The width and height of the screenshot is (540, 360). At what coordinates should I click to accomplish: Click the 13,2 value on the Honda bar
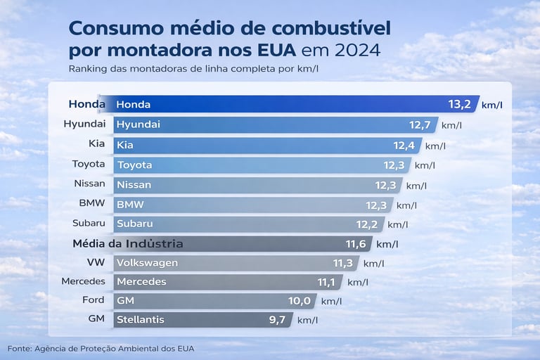pos(458,105)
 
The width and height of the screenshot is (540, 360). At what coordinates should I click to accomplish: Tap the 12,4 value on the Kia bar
pos(406,146)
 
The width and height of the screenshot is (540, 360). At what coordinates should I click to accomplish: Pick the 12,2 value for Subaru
pos(369,224)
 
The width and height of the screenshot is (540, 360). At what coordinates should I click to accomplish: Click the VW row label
pos(94,263)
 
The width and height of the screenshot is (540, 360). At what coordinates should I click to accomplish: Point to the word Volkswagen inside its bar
pos(147,263)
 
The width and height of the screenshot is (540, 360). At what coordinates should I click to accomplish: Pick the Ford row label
pos(93,300)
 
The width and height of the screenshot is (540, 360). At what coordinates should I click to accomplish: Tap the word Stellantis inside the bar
pos(140,320)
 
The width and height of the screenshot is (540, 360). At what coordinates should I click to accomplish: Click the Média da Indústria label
pos(128,244)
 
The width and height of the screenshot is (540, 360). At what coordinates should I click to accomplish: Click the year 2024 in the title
pos(356,51)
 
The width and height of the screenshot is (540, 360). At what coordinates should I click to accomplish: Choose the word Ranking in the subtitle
pos(89,69)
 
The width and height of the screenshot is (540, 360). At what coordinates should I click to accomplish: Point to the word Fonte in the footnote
pos(20,349)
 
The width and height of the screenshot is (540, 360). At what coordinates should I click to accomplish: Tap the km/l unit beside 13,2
pos(497,105)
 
